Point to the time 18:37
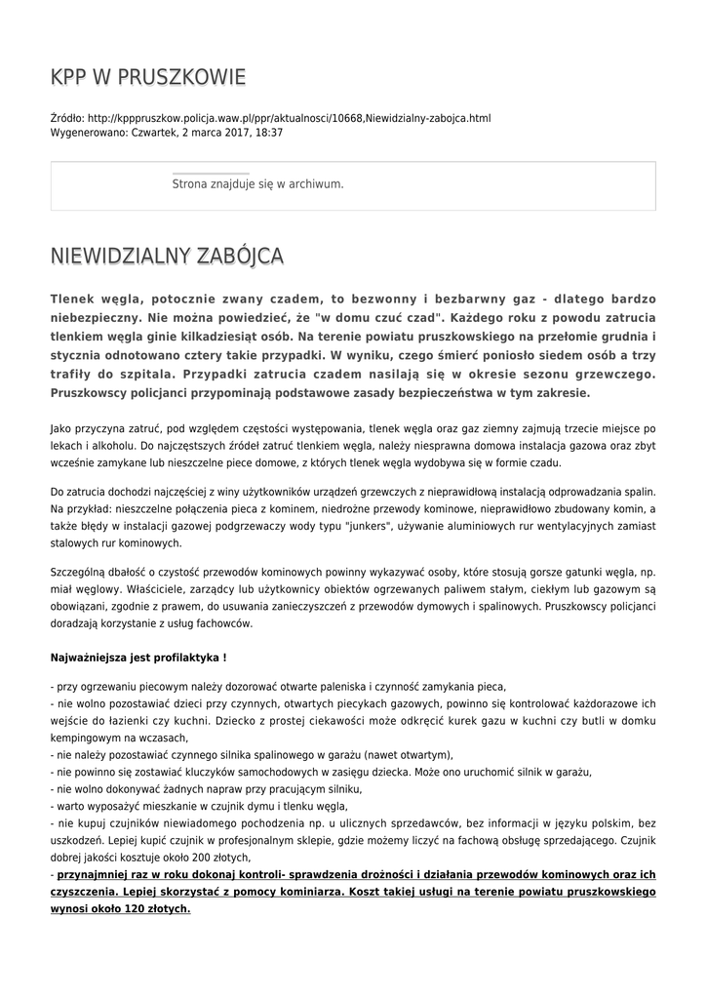[267, 132]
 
